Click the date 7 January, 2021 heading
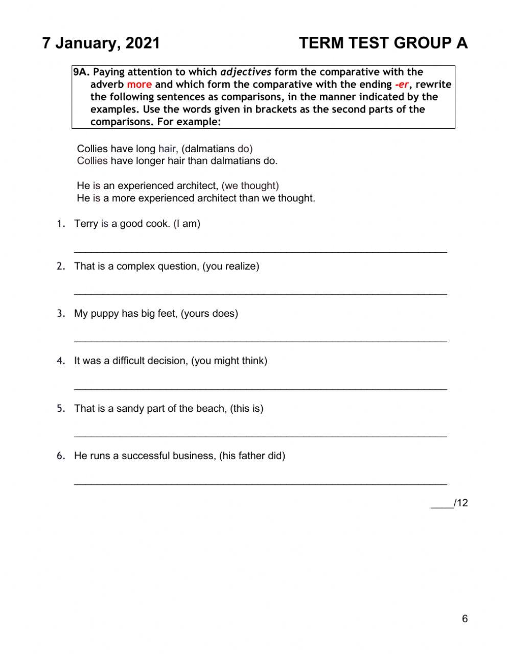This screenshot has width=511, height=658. tap(101, 43)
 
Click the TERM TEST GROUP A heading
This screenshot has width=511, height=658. tap(383, 43)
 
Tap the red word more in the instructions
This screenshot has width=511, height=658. tap(139, 85)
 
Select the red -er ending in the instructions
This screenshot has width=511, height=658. tap(402, 85)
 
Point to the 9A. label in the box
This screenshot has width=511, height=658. tap(81, 72)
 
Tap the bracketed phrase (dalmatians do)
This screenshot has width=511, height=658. tap(217, 149)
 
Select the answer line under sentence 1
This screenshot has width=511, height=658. tap(261, 251)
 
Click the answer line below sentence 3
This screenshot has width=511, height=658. tap(261, 340)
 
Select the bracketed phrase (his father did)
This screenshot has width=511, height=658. tap(252, 456)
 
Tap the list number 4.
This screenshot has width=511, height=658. tap(61, 361)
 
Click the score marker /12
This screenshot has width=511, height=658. tap(460, 503)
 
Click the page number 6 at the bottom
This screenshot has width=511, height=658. tap(464, 619)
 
